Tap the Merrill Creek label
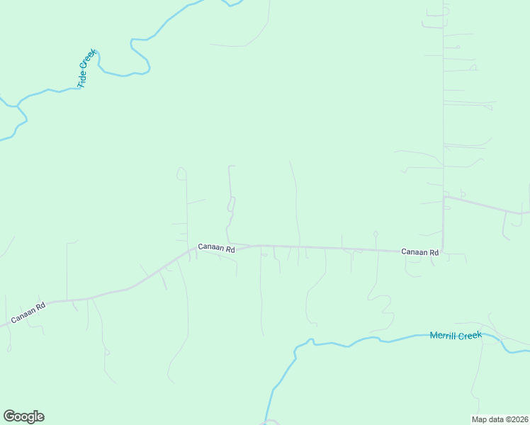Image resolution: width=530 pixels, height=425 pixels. point(456,335)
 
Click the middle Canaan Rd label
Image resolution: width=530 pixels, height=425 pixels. point(215,246)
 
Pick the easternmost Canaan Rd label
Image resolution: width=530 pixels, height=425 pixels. point(419,251)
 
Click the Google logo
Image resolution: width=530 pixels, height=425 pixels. point(23,416)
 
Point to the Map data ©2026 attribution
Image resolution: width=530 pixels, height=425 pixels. point(500,419)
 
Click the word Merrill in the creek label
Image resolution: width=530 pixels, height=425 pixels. point(444,336)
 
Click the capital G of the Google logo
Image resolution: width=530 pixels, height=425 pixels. point(9,416)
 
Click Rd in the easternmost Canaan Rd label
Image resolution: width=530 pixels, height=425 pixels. point(433,251)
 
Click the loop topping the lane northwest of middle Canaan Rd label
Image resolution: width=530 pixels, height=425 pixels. point(181,173)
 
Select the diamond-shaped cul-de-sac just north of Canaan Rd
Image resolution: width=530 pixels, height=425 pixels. point(375,233)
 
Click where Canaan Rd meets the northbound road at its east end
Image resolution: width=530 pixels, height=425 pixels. point(443,250)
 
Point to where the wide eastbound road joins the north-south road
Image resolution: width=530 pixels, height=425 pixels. point(444,198)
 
